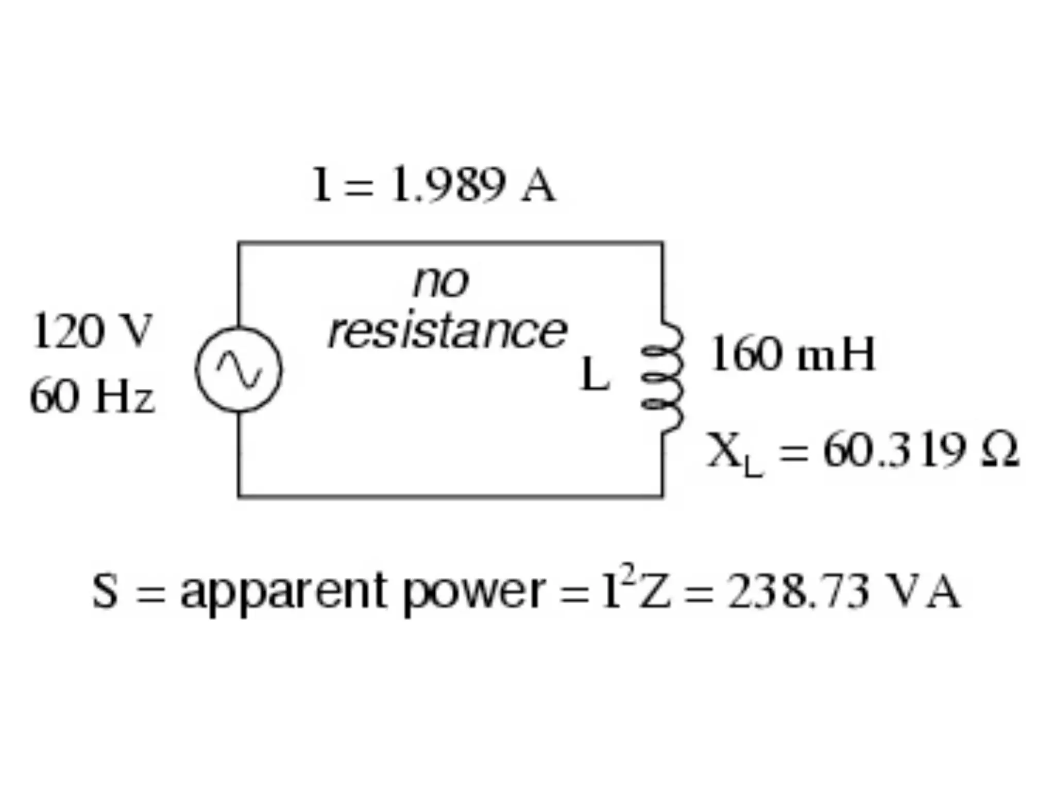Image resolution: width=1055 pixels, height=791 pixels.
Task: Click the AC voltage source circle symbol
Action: coord(239,369)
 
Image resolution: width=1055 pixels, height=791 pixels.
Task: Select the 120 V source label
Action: coord(92,332)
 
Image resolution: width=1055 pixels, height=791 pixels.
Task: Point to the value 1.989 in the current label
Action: coord(447,184)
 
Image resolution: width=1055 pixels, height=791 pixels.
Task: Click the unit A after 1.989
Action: coord(538,185)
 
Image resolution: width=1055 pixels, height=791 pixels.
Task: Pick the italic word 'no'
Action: coord(441,282)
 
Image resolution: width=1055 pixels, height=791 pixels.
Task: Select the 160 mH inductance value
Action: coord(792,354)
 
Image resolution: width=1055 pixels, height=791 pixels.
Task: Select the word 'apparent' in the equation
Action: coord(283,592)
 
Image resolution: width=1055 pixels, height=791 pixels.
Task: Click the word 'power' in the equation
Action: coord(474,592)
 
